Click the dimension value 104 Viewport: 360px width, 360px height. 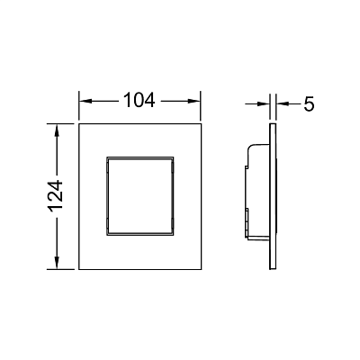click(139, 100)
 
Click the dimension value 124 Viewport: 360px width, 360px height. click(56, 196)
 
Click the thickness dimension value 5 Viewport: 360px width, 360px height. click(309, 104)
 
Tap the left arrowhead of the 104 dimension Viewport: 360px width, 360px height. click(85, 101)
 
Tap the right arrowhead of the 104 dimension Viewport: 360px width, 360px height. click(194, 101)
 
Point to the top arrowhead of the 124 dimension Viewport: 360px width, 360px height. click(57, 130)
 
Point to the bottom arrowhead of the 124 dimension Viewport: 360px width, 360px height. click(57, 263)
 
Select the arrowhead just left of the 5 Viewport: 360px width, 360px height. click(283, 103)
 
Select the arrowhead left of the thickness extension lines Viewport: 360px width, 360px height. click(264, 103)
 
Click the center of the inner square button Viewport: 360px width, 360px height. click(139, 196)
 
